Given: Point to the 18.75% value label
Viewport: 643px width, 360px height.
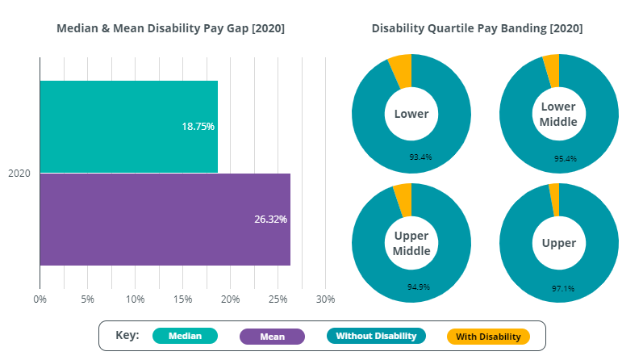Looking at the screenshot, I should coord(198,127).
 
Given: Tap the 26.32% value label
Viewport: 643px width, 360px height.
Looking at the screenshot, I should coord(270,219).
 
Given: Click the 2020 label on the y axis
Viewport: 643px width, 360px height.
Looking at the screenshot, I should coord(19,173).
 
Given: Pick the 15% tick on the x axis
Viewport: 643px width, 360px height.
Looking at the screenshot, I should coord(182,299).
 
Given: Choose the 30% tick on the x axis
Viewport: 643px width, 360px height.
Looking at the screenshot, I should coord(325,299).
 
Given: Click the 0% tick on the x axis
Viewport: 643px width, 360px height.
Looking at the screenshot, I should coord(40,299).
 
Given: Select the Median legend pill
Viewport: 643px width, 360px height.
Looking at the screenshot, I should coord(185,336).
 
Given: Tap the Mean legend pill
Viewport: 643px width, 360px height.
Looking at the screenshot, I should coord(272,337).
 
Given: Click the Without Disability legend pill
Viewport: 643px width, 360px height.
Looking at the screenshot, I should coord(376,336).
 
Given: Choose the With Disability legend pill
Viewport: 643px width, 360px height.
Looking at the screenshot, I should coord(488,337).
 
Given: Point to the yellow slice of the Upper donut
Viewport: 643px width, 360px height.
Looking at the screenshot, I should coord(554,199).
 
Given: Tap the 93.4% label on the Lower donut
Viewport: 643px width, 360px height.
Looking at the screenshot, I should coord(420,157).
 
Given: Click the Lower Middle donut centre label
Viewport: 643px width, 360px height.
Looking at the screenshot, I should coord(558,114).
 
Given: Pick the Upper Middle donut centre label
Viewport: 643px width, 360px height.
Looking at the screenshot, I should coord(411,243).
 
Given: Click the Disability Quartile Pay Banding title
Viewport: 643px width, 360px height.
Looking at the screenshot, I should coord(477,28).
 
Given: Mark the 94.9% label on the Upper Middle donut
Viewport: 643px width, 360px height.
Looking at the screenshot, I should coord(420,287).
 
